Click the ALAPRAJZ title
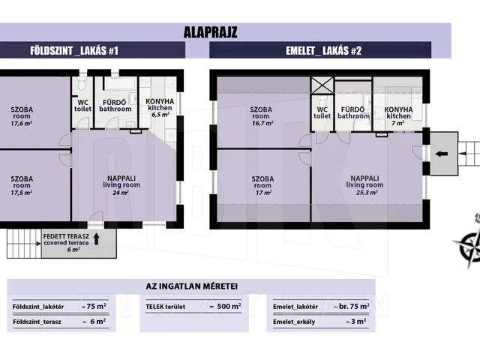click(x=210, y=32)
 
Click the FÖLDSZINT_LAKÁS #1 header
click(x=74, y=50)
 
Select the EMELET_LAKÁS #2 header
click(x=323, y=50)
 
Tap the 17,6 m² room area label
click(x=22, y=123)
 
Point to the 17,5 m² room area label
click(x=22, y=193)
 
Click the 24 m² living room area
click(x=121, y=193)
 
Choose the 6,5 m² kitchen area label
click(x=160, y=115)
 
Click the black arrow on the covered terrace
click(x=97, y=238)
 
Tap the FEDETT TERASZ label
click(x=66, y=236)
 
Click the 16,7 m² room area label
click(x=262, y=123)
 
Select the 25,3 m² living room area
click(x=367, y=193)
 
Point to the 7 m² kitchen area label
click(x=398, y=123)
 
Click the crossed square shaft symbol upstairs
click(x=322, y=85)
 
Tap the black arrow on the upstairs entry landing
click(x=442, y=154)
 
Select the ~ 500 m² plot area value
click(x=225, y=307)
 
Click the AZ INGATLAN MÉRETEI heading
click(x=192, y=286)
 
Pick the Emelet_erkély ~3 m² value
click(x=356, y=322)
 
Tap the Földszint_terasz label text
click(x=37, y=322)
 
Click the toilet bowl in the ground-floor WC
click(x=82, y=83)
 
